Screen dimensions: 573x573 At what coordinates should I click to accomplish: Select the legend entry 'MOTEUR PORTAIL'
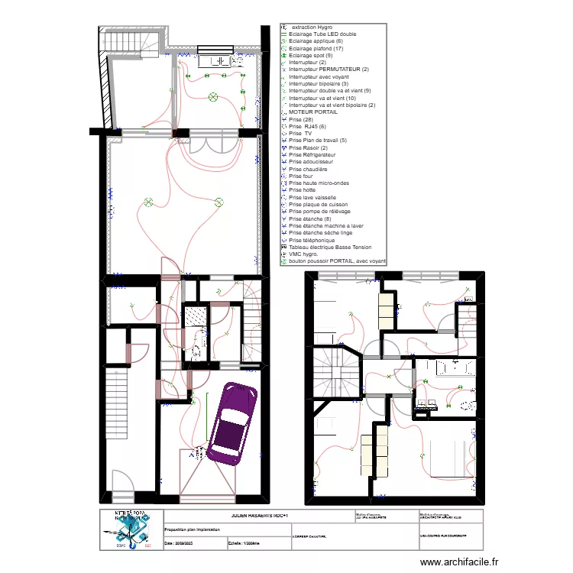pos(313,112)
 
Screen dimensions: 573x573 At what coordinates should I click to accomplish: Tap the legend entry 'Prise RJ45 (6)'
pos(307,126)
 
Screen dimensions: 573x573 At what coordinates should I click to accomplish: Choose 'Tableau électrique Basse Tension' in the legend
pos(330,247)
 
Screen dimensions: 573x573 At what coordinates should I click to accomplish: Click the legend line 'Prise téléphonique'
pos(312,240)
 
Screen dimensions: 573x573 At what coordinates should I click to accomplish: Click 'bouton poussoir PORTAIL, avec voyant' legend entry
pos(337,261)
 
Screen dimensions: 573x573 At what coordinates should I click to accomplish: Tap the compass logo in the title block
pos(131,530)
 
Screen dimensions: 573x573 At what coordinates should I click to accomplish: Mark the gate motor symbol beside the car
pos(197,453)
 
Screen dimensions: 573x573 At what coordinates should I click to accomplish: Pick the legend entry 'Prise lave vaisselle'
pos(313,197)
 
